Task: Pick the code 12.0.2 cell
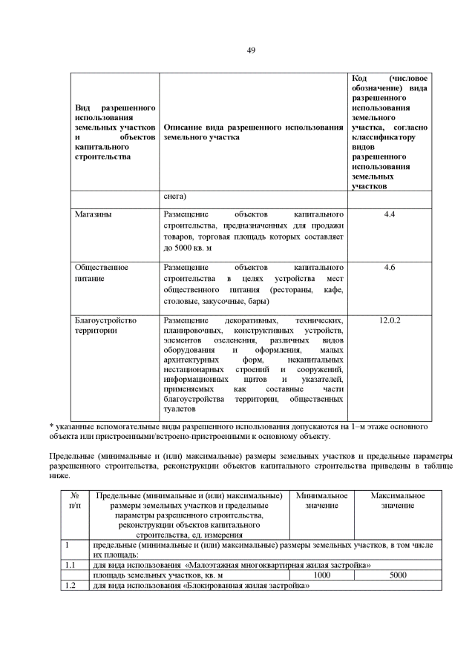[390, 320]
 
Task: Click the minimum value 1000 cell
[321, 575]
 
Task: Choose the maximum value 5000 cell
[398, 575]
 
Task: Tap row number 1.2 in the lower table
[71, 585]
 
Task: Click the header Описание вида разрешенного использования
[252, 132]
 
